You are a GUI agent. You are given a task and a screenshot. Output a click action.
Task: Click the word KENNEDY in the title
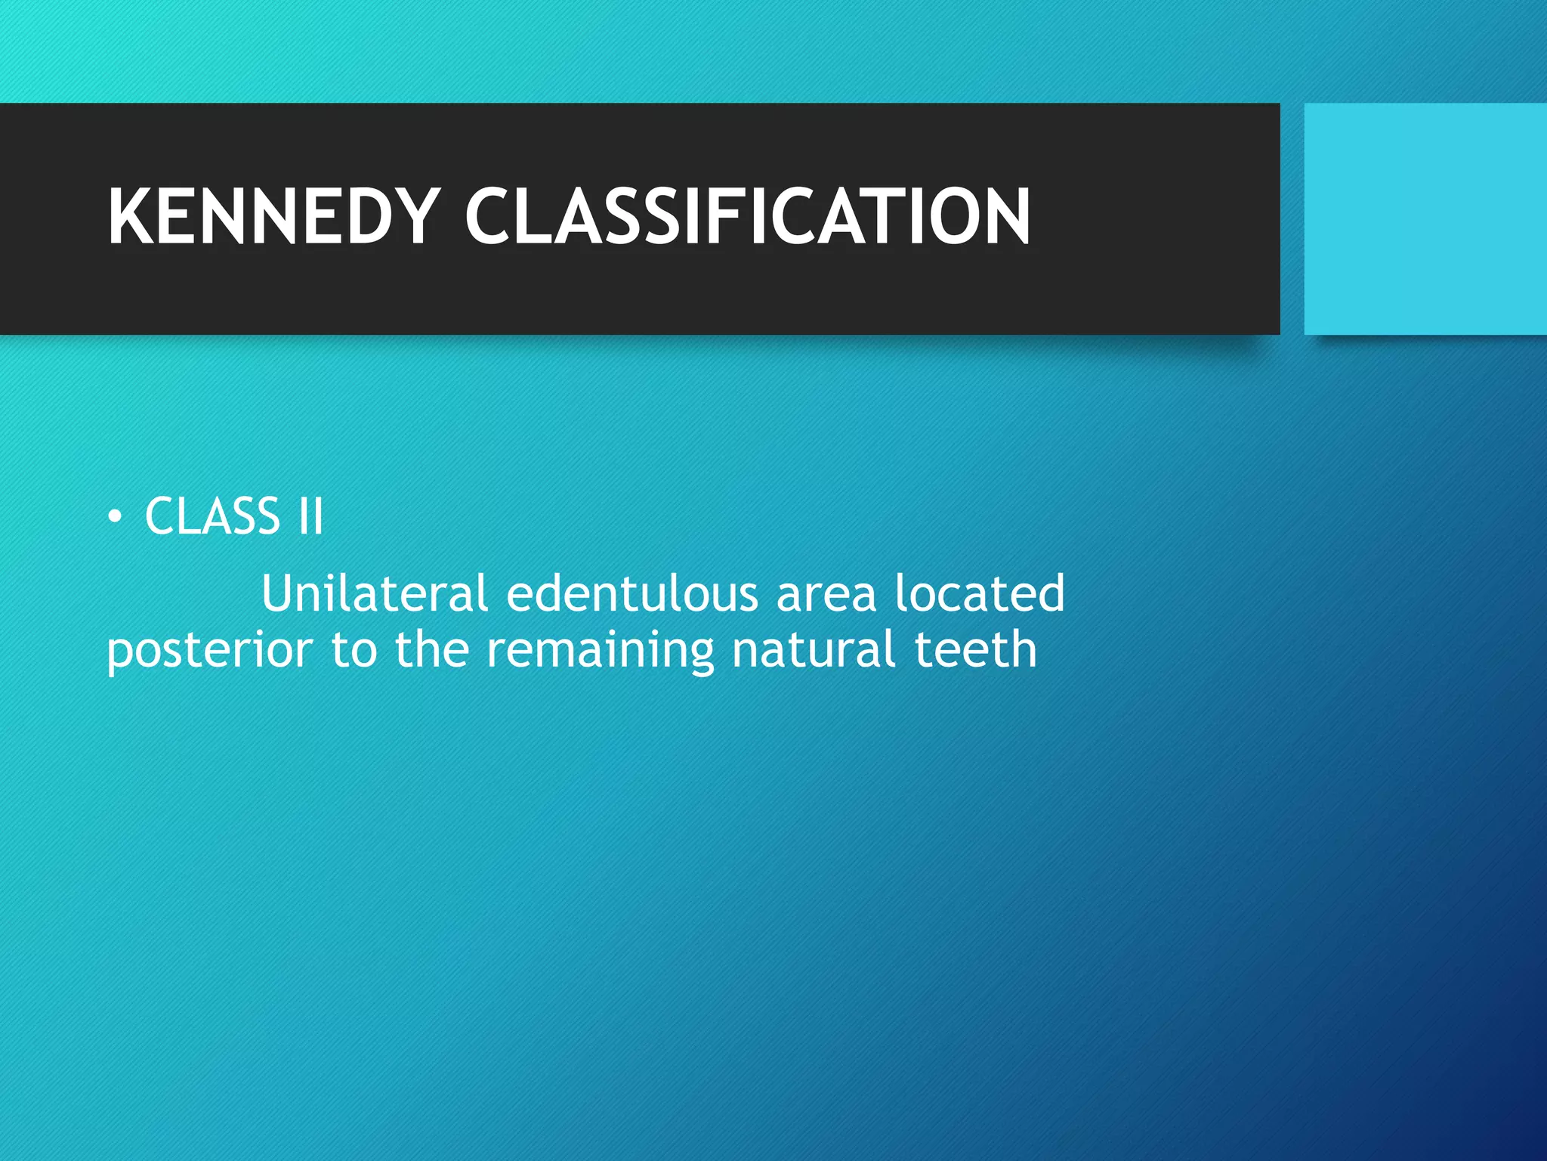(x=274, y=216)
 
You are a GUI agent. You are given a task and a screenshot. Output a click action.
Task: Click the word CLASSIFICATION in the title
(x=747, y=216)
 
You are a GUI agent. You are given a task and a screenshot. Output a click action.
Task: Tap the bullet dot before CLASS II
(x=114, y=517)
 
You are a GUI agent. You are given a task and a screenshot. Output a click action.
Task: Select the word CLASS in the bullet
(x=212, y=517)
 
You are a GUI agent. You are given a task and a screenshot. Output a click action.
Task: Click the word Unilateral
(x=375, y=593)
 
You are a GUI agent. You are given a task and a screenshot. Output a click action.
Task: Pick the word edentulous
(x=631, y=593)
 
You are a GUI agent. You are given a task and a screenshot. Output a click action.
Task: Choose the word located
(x=980, y=593)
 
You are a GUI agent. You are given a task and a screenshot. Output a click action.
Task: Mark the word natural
(x=814, y=650)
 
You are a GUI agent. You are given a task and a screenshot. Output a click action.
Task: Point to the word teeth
(x=975, y=650)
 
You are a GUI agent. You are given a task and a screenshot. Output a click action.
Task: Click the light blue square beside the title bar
(x=1425, y=218)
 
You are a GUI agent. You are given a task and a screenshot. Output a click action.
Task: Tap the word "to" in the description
(x=354, y=650)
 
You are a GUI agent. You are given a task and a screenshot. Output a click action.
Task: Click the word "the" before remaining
(x=432, y=650)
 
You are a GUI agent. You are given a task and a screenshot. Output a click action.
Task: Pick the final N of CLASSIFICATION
(x=1005, y=216)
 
